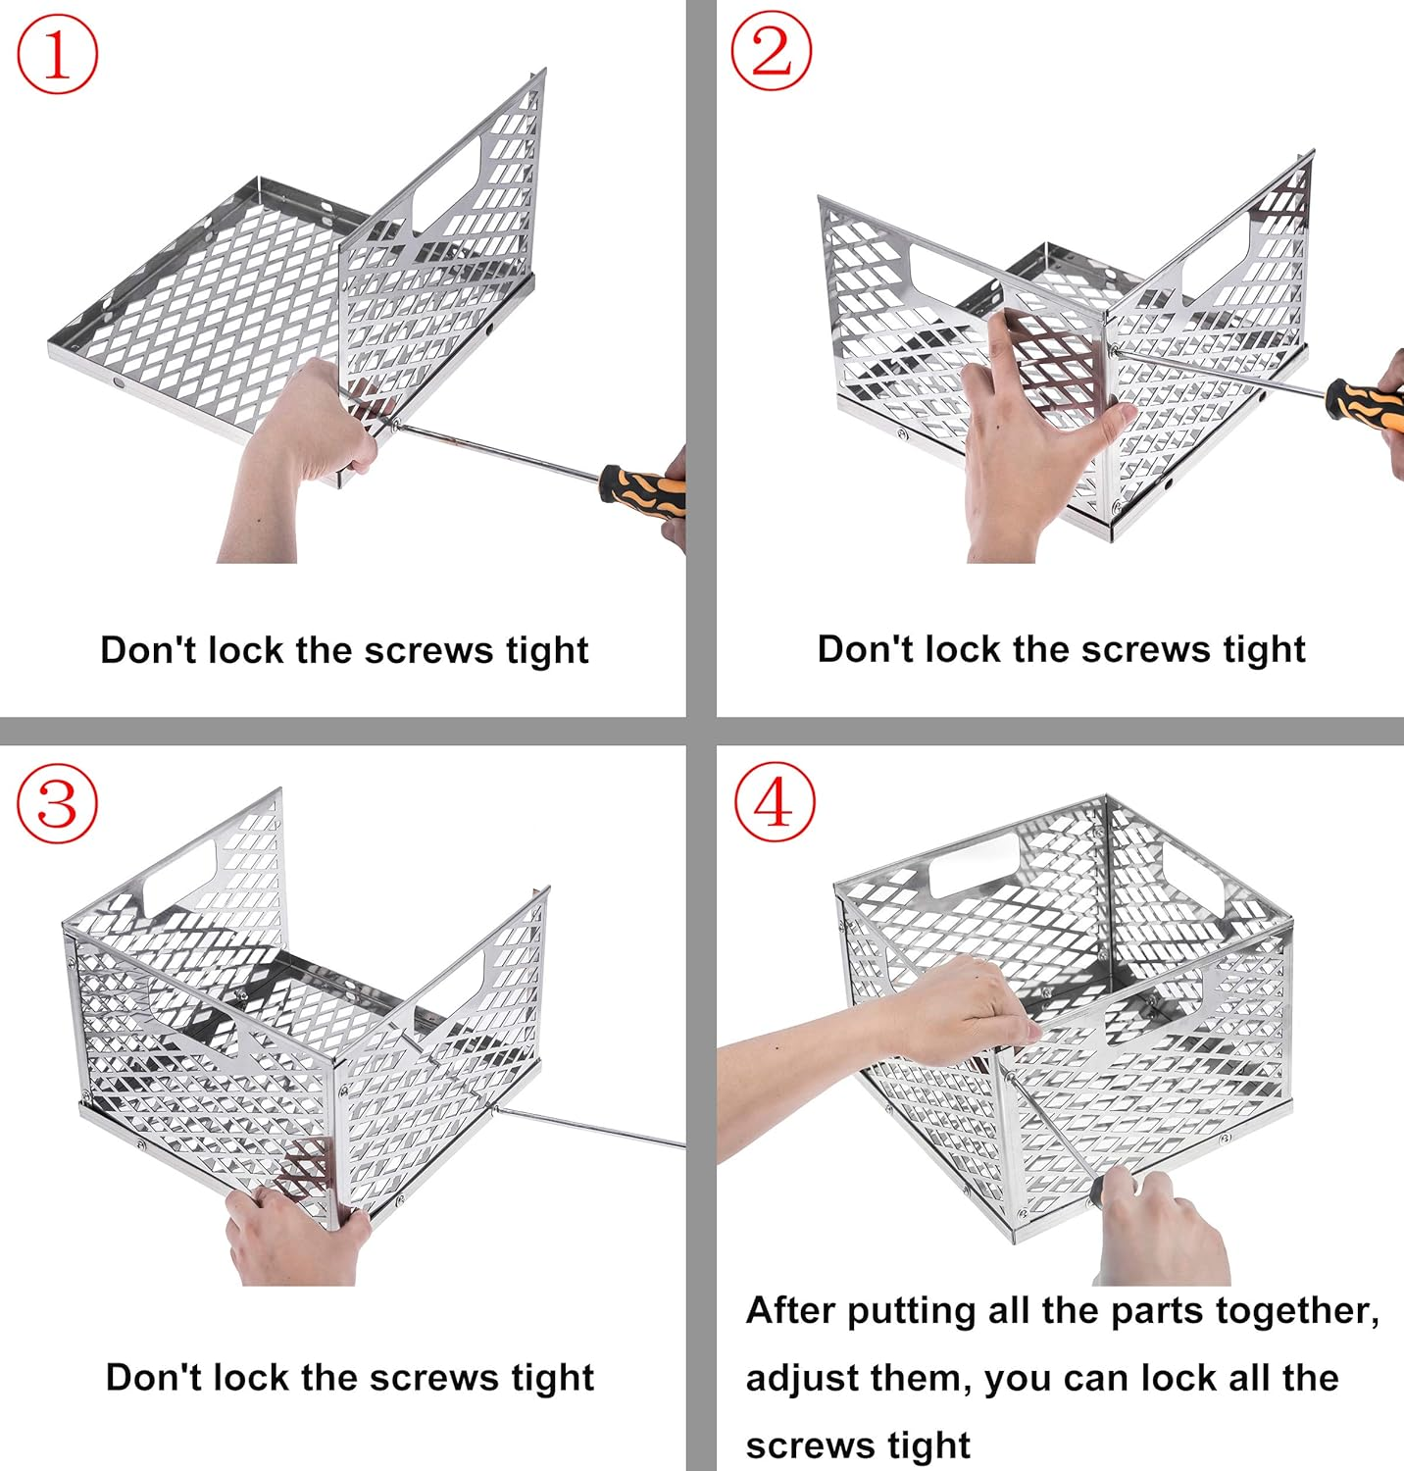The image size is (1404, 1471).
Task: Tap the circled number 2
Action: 772,50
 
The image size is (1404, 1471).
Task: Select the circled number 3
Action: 58,803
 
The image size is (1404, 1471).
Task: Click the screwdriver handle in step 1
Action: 642,486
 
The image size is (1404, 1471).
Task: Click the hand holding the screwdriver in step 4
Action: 1162,1226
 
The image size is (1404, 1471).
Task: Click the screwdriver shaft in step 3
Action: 588,1126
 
